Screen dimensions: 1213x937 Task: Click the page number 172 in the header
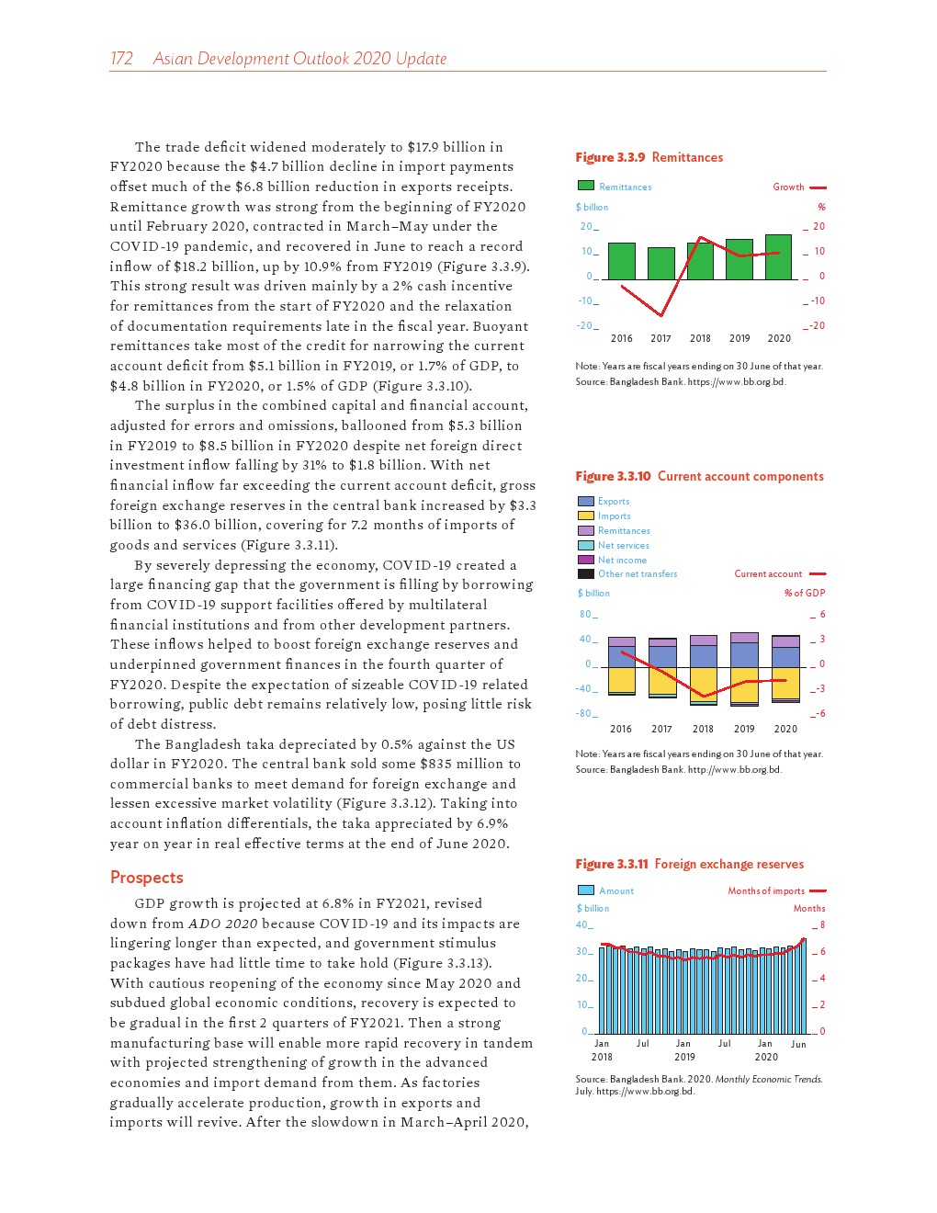tap(121, 59)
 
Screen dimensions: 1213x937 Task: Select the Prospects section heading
tap(146, 878)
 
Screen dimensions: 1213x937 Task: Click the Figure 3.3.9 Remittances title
tap(649, 157)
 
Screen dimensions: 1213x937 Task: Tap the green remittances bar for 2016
tap(622, 261)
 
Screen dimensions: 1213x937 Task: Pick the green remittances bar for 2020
tap(778, 257)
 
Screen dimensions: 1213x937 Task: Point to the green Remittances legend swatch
tap(586, 186)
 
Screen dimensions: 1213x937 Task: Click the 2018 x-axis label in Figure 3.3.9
tap(700, 338)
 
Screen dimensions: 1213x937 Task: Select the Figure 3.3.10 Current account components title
tap(699, 476)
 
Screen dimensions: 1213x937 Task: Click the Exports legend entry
tap(613, 501)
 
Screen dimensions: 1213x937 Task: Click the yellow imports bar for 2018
tap(704, 684)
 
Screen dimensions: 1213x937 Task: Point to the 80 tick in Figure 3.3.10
tap(585, 614)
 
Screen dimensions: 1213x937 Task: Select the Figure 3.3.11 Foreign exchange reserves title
tap(689, 864)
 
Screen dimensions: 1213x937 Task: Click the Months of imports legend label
tap(766, 890)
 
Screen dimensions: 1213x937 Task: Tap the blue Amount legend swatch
tap(586, 890)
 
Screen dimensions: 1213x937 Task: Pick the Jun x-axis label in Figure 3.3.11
tap(798, 1044)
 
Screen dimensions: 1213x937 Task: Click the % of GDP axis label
tap(805, 593)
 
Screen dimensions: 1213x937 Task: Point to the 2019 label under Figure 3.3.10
tap(744, 729)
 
